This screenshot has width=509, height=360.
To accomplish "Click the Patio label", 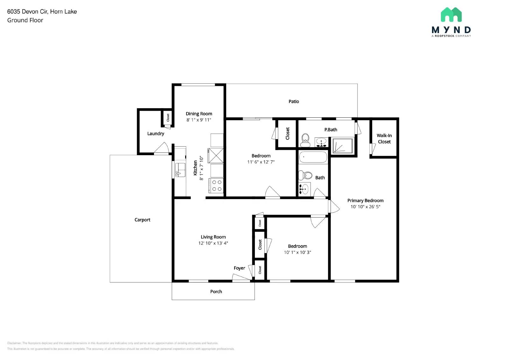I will tap(294, 101).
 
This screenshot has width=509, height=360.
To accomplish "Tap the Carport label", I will tap(142, 220).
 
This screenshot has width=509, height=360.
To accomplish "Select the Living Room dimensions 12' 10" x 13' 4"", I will tap(213, 243).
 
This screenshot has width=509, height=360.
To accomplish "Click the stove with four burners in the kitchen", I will tap(217, 186).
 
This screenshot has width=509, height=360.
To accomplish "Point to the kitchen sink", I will tap(180, 170).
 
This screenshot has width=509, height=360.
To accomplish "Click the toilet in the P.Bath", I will tap(305, 140).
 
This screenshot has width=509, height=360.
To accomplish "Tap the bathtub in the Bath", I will tap(313, 157).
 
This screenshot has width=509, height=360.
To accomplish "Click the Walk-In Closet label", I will tap(384, 139).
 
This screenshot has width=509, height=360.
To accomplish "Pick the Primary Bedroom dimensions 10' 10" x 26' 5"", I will tap(365, 207).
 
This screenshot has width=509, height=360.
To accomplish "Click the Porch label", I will tap(216, 292).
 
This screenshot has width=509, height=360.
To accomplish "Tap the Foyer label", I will tap(239, 268).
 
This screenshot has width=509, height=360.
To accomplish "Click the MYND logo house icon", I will tap(451, 15).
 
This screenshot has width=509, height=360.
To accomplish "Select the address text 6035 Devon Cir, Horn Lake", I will tap(42, 12).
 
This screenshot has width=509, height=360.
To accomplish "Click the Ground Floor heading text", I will tap(25, 20).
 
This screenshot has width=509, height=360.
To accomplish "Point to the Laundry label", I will tap(156, 134).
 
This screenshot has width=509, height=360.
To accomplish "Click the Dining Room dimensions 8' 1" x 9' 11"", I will tap(199, 120).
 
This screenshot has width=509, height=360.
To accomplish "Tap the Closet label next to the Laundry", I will tap(168, 118).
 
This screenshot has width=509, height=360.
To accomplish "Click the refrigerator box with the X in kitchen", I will tap(216, 155).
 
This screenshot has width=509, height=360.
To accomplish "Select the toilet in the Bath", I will tap(306, 175).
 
